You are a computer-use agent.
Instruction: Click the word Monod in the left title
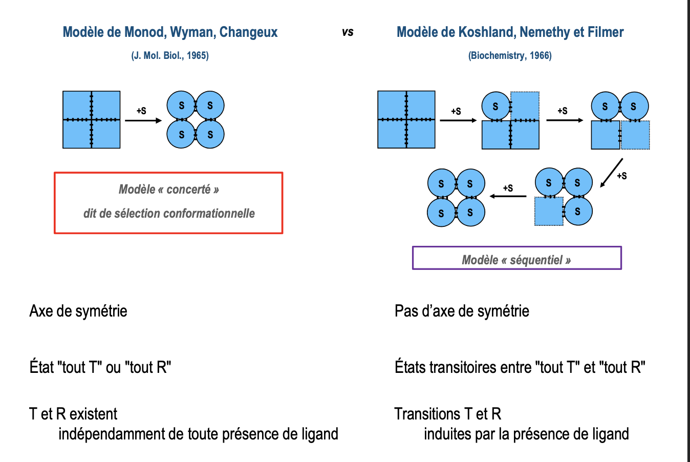click(x=145, y=32)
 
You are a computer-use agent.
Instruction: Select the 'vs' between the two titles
click(x=348, y=32)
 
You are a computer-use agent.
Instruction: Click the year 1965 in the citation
click(x=197, y=56)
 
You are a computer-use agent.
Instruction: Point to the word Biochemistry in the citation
click(x=497, y=56)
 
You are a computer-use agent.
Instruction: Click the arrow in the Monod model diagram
click(x=143, y=120)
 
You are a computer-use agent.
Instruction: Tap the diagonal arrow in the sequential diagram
click(x=611, y=173)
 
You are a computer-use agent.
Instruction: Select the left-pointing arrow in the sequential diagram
click(x=508, y=196)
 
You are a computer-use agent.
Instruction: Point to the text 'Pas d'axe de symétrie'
click(x=462, y=311)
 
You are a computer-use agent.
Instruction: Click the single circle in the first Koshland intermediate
click(x=495, y=106)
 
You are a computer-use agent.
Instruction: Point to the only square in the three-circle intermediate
click(x=549, y=211)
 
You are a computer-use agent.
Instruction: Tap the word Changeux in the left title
click(x=248, y=32)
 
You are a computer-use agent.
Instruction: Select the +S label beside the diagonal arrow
click(x=622, y=176)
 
